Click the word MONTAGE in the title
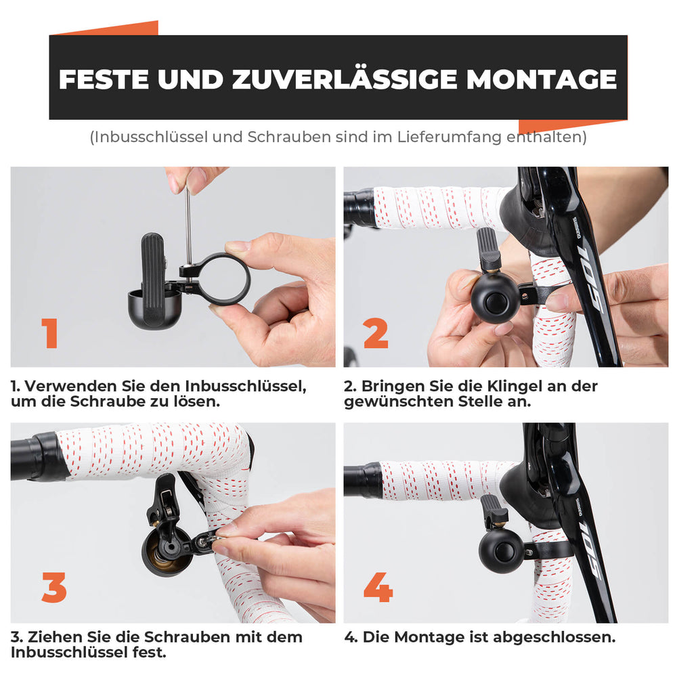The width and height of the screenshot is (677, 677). tap(541, 79)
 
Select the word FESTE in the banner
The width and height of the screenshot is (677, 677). tap(103, 79)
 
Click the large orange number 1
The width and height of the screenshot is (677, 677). tap(49, 333)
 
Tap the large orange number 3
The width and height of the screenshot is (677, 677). tap(54, 588)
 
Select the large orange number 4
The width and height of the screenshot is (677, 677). tap(378, 588)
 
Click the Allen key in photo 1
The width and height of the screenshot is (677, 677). tap(189, 217)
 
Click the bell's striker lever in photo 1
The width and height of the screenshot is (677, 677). tap(152, 261)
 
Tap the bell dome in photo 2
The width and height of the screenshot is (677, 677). tap(495, 298)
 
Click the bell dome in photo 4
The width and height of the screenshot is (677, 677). tap(501, 551)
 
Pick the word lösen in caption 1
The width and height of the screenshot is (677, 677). tap(200, 401)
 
